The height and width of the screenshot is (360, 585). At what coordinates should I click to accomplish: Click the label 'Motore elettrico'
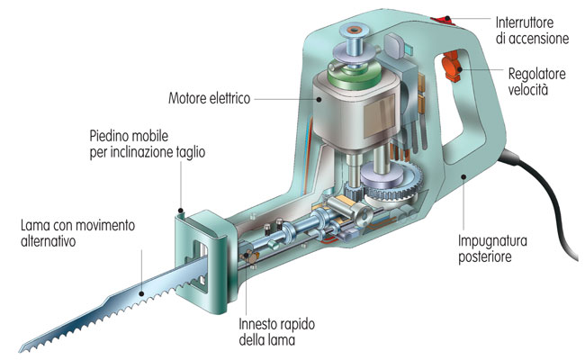pos(210,98)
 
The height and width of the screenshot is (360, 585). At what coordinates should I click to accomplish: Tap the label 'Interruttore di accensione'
pos(532,31)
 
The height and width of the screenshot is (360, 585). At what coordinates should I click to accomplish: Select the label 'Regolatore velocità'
pos(537,82)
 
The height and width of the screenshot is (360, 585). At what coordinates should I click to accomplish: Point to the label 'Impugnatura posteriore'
pos(492,248)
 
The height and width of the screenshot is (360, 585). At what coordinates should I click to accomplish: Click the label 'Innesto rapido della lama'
pos(277,331)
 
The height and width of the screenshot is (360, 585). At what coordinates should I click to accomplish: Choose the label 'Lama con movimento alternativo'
pos(77,233)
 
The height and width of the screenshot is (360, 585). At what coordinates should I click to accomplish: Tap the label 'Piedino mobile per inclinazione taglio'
pos(148,144)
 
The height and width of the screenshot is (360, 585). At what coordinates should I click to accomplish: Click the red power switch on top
pos(444,20)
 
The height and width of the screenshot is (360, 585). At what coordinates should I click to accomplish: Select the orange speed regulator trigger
pos(452,67)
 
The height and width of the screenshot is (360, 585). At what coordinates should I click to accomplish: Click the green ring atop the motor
pos(355,74)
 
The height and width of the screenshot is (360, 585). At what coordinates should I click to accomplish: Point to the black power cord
pos(547,202)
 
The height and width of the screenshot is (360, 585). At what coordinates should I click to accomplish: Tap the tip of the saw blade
pos(21,351)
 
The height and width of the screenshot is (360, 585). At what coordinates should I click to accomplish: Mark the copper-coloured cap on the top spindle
pos(352,30)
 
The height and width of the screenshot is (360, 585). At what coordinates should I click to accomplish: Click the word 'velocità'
pos(528,89)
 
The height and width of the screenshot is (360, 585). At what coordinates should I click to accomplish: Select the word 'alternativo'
pos(48,241)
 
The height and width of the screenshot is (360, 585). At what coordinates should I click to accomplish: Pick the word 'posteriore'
pos(484,256)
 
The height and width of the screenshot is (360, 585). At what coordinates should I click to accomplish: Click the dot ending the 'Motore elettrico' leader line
pos(319,99)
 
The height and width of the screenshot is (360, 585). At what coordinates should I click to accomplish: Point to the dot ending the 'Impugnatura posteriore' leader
pos(463,176)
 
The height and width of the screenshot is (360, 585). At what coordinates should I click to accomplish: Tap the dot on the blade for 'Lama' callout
pos(141,293)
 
